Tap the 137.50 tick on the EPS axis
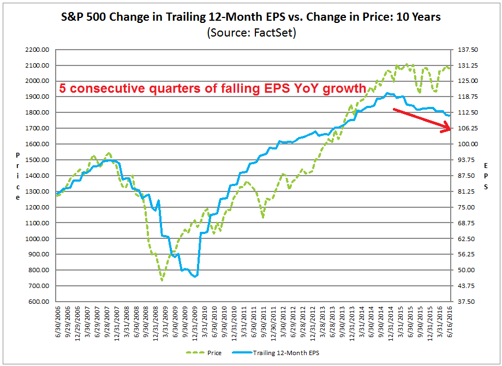coord(467,50)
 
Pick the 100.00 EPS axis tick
coord(467,144)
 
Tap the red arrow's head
coord(449,129)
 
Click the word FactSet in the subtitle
coord(276,32)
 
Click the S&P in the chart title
coord(75,17)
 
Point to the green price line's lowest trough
coord(162,280)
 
